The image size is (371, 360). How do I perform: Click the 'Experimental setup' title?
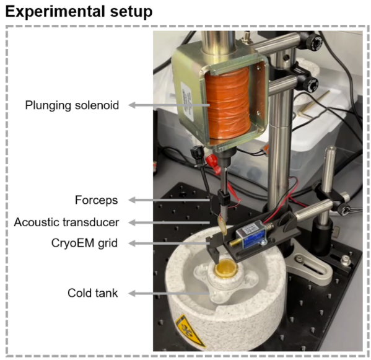click(79, 12)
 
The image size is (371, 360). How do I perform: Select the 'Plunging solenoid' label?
click(72, 105)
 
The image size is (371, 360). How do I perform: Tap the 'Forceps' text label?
click(96, 200)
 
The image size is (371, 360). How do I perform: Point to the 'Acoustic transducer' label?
click(66, 222)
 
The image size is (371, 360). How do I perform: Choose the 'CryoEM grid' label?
click(84, 243)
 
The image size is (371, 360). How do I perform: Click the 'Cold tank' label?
click(92, 293)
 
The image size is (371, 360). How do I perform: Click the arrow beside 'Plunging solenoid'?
click(169, 105)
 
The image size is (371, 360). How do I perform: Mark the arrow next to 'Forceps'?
click(169, 200)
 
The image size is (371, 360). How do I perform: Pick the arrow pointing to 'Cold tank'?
click(169, 294)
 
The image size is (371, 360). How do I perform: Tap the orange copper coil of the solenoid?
click(227, 103)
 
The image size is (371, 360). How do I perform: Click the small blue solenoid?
click(251, 234)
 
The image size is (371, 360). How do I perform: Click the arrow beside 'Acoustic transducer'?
click(169, 222)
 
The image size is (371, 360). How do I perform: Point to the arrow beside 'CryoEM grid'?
click(169, 243)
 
